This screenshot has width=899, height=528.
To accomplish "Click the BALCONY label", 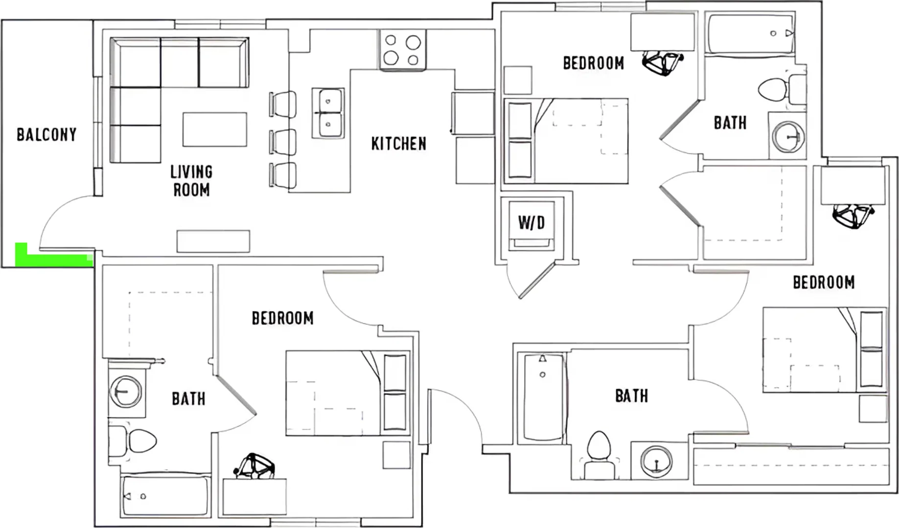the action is pyautogui.click(x=46, y=134).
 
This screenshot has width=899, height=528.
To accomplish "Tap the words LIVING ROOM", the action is pyautogui.click(x=191, y=180).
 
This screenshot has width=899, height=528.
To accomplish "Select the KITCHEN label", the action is pyautogui.click(x=398, y=144).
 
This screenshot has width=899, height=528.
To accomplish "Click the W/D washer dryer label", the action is pyautogui.click(x=531, y=223).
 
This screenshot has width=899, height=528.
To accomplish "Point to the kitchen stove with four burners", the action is pyautogui.click(x=402, y=49).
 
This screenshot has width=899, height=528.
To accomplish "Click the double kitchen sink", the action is pyautogui.click(x=328, y=113).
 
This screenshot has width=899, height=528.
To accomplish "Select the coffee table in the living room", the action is pyautogui.click(x=215, y=130).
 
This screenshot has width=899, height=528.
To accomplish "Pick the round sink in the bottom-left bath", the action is pyautogui.click(x=126, y=392).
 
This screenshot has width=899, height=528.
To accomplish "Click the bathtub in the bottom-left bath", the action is pyautogui.click(x=165, y=495).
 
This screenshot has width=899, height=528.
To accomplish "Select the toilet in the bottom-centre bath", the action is pyautogui.click(x=599, y=455).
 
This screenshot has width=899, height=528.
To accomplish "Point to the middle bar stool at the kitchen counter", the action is pyautogui.click(x=282, y=142).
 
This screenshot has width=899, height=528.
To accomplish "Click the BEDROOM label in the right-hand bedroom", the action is pyautogui.click(x=824, y=283).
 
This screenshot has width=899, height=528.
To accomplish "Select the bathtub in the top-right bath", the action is pyautogui.click(x=751, y=34).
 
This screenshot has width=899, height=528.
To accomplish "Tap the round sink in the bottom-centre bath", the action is pyautogui.click(x=656, y=461).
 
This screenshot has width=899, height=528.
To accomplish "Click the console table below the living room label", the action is pyautogui.click(x=213, y=242).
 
